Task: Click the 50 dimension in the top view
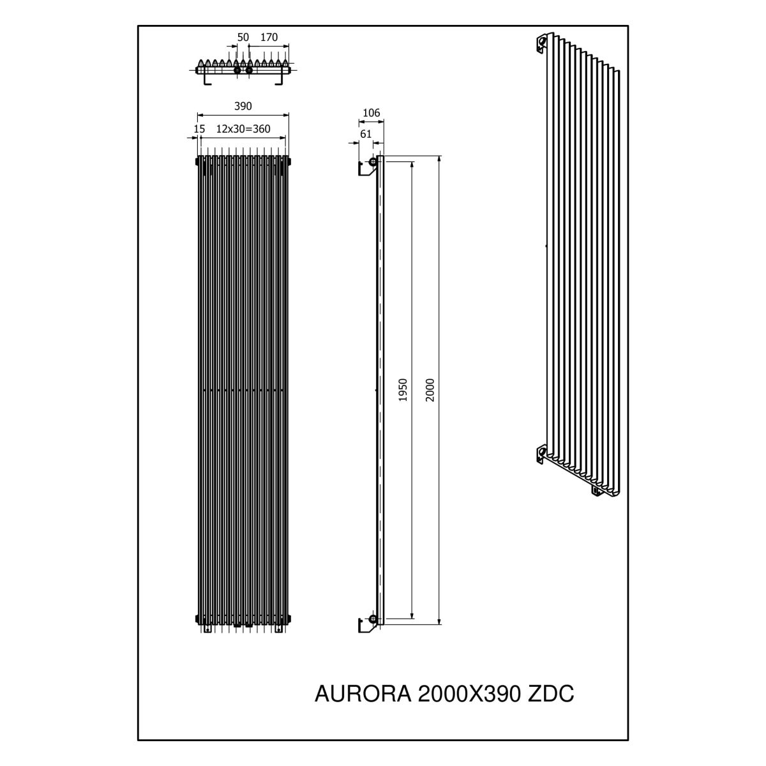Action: pos(243,38)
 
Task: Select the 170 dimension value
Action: pos(269,38)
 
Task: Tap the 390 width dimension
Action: pos(243,106)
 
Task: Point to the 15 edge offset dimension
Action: pos(199,129)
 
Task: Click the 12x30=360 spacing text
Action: pos(243,129)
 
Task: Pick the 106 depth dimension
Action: pos(372,113)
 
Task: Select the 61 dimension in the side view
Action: pos(366,134)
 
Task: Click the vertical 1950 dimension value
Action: pos(403,390)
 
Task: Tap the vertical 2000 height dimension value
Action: pos(430,390)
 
